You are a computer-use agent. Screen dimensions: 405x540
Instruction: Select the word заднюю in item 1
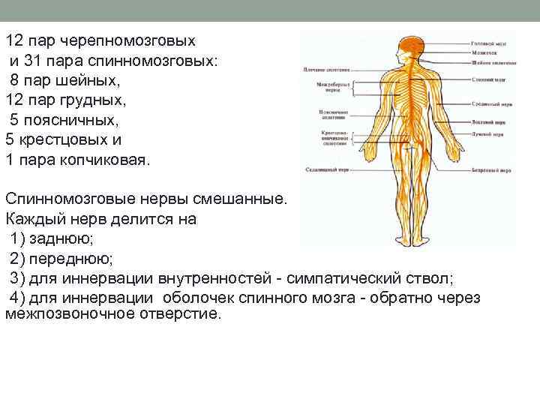(63, 239)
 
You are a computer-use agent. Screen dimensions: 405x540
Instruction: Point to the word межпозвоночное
(69, 313)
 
